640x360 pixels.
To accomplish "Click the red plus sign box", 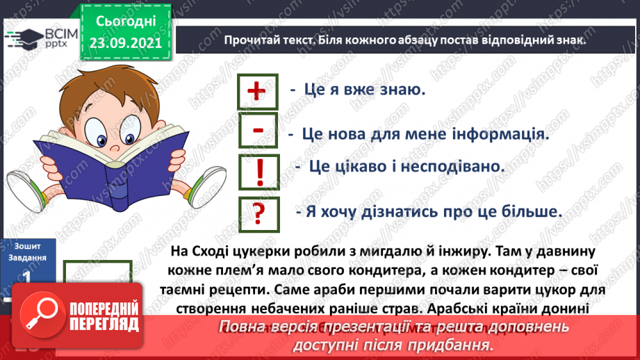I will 257,91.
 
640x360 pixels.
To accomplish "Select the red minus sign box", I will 257,130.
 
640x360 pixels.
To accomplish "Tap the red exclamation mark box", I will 259,170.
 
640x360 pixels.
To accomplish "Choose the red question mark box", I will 259,212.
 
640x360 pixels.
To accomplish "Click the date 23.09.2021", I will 124,42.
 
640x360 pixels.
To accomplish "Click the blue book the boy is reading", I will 111,167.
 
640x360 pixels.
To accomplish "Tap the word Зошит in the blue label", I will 26,245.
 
